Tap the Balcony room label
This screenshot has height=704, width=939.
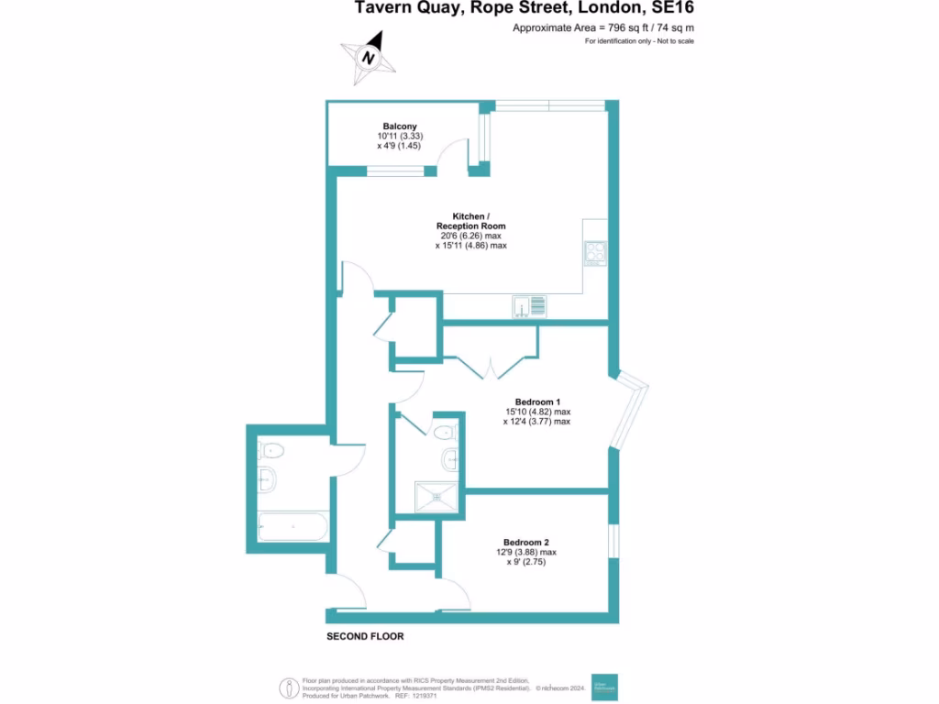point(400,126)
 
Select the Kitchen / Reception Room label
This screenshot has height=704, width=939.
point(470,221)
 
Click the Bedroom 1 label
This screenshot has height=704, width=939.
point(537,401)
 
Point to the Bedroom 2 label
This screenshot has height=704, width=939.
point(527,541)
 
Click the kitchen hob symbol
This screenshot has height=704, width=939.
point(595,252)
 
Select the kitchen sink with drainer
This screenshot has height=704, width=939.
point(530,305)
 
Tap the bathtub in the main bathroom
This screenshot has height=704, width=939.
point(292,529)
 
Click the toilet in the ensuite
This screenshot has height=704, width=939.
point(445,432)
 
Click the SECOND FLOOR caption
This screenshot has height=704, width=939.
point(365,636)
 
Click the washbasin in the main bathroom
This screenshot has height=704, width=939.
point(267,478)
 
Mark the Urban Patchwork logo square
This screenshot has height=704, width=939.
point(604,685)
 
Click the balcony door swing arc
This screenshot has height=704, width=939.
point(449,156)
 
